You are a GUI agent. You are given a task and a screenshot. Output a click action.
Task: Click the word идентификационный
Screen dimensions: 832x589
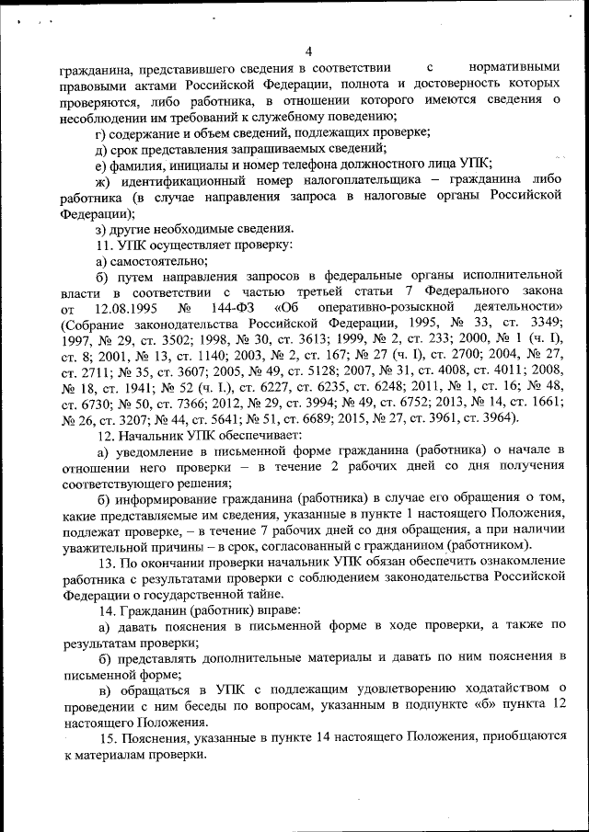pyautogui.click(x=176, y=179)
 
